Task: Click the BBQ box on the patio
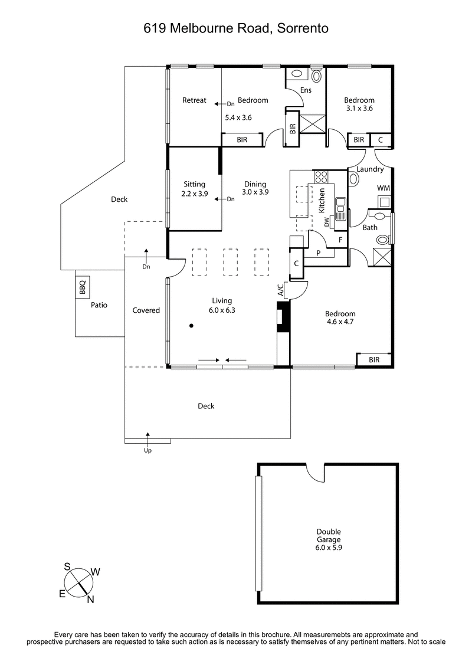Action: click(x=83, y=287)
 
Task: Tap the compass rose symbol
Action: click(x=80, y=581)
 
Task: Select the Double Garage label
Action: click(x=329, y=535)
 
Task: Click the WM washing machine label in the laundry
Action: click(x=384, y=188)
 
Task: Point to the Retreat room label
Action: click(x=194, y=100)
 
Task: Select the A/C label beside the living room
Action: click(x=281, y=290)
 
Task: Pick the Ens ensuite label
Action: click(x=306, y=90)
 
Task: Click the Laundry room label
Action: click(x=371, y=169)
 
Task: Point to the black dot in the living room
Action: click(x=191, y=325)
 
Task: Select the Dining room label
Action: click(x=254, y=184)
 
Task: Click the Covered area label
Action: click(x=146, y=310)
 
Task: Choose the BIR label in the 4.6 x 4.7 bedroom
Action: click(x=373, y=359)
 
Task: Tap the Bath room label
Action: click(x=370, y=227)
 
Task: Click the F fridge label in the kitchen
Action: click(x=340, y=240)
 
